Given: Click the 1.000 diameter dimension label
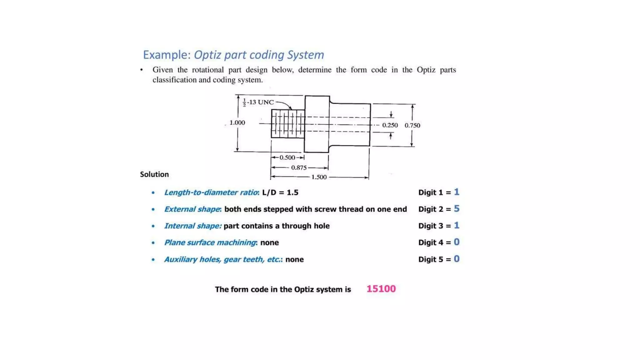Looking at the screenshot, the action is [237, 122].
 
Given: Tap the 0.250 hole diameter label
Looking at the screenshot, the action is [390, 125].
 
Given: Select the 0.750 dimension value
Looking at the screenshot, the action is [412, 125].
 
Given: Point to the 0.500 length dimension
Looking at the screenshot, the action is [287, 157].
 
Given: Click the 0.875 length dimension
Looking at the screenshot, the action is [299, 168].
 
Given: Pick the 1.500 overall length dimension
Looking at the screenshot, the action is [319, 177].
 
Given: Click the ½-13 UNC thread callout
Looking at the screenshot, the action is [258, 102].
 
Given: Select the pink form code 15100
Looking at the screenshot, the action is [381, 289].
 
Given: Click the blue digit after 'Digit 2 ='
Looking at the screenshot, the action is [457, 209].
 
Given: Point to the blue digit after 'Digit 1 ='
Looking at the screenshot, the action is [457, 192].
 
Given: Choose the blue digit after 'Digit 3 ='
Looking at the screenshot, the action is [457, 225].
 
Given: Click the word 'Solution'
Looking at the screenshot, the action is [154, 174].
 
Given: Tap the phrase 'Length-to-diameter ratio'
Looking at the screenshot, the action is [211, 192].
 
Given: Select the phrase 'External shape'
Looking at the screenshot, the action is [192, 209].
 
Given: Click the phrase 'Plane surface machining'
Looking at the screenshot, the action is [210, 242].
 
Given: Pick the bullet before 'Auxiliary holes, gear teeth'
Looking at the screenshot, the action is [153, 259].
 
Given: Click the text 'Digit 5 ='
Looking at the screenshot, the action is [434, 259].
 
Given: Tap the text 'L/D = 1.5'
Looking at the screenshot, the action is [280, 192].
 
